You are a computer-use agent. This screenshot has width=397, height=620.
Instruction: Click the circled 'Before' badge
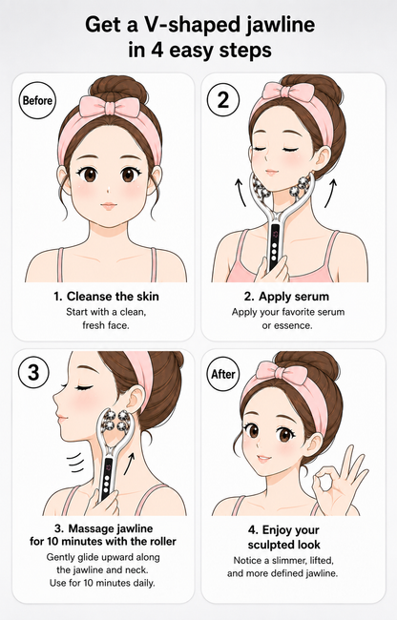(x=37, y=100)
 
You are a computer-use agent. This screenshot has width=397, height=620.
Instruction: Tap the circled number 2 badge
(x=223, y=99)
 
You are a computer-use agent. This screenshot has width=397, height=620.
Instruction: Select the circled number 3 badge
(x=34, y=373)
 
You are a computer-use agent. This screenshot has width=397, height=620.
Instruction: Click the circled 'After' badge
(x=223, y=374)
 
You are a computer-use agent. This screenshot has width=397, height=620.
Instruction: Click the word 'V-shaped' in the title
(x=186, y=26)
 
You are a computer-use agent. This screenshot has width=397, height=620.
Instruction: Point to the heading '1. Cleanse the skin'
(x=106, y=296)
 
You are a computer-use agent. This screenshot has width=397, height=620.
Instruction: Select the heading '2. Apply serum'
(x=286, y=297)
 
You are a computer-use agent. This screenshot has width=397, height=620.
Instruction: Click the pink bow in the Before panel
(x=110, y=106)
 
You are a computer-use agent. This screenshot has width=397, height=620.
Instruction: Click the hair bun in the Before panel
(x=118, y=88)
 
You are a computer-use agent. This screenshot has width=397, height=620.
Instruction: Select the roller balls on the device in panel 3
(x=115, y=421)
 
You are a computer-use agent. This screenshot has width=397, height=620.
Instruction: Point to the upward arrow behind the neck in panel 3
(x=129, y=464)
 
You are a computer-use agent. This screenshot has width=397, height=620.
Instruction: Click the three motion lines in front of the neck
(x=75, y=464)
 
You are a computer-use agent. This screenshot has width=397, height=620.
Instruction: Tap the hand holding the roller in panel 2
(x=273, y=269)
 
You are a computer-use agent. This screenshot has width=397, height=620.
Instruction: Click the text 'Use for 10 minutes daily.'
(x=102, y=583)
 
